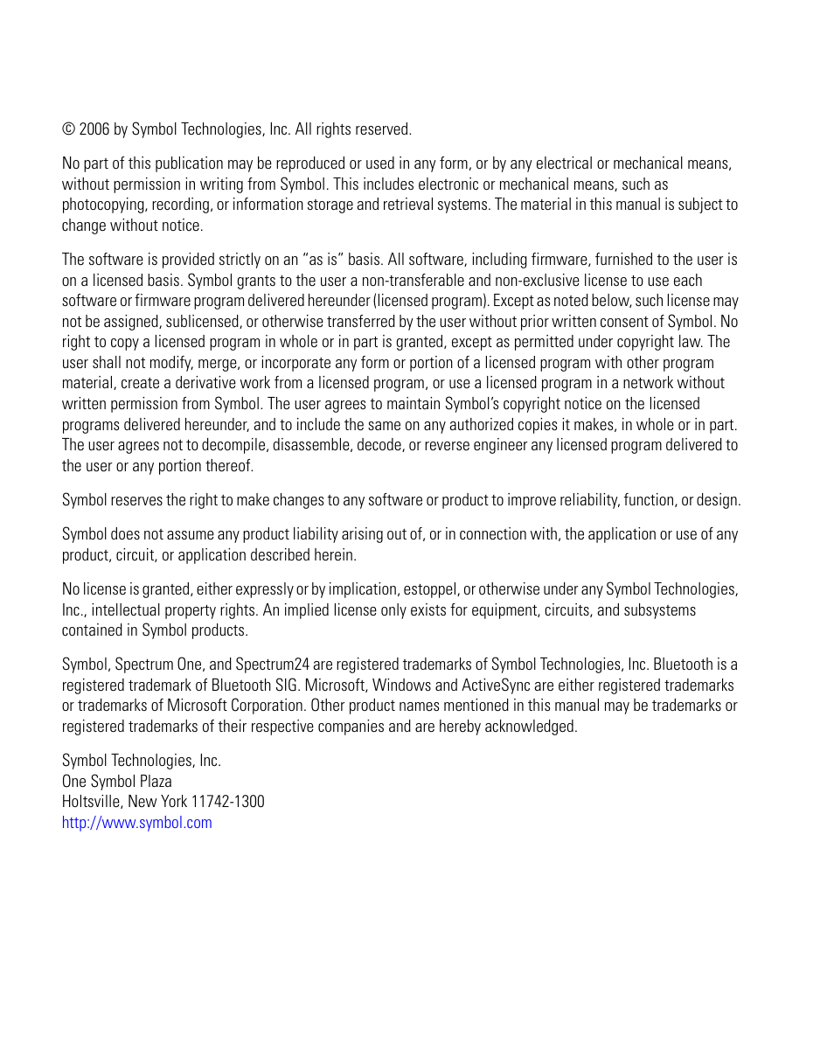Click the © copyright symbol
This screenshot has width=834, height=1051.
(x=68, y=129)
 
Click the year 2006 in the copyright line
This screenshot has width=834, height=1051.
(x=94, y=129)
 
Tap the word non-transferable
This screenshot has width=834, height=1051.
(x=388, y=280)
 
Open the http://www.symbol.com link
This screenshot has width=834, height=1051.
(x=136, y=823)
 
